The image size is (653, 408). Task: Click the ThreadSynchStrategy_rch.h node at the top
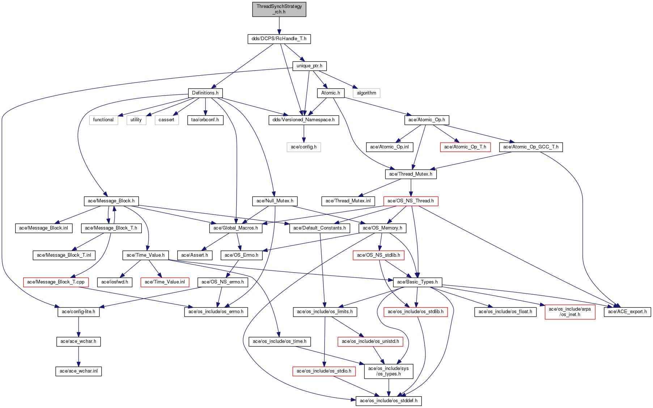pyautogui.click(x=279, y=9)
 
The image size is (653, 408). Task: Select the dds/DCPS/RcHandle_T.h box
pyautogui.click(x=279, y=39)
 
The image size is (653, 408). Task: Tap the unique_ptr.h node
pyautogui.click(x=309, y=66)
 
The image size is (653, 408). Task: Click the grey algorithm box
pyautogui.click(x=366, y=93)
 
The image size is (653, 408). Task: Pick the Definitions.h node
pyautogui.click(x=205, y=93)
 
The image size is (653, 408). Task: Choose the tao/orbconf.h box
pyautogui.click(x=205, y=120)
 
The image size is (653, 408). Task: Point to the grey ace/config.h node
pyautogui.click(x=304, y=147)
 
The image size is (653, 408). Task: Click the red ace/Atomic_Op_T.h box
pyautogui.click(x=465, y=147)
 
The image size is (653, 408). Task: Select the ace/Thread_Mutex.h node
pyautogui.click(x=411, y=174)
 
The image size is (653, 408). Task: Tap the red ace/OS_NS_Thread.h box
pyautogui.click(x=411, y=201)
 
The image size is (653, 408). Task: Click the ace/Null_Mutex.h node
pyautogui.click(x=275, y=201)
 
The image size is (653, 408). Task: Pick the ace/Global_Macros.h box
pyautogui.click(x=236, y=228)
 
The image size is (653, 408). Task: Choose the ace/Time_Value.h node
pyautogui.click(x=145, y=255)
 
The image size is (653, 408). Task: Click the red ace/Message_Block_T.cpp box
pyautogui.click(x=56, y=282)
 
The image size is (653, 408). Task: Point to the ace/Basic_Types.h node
pyautogui.click(x=417, y=282)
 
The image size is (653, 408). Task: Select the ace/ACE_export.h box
pyautogui.click(x=627, y=312)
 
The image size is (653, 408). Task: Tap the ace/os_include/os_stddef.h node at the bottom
pyautogui.click(x=389, y=401)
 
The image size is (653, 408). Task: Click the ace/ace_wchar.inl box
pyautogui.click(x=79, y=371)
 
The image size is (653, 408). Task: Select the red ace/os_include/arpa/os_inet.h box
pyautogui.click(x=570, y=312)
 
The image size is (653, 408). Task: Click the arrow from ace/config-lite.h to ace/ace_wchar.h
pyautogui.click(x=79, y=327)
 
